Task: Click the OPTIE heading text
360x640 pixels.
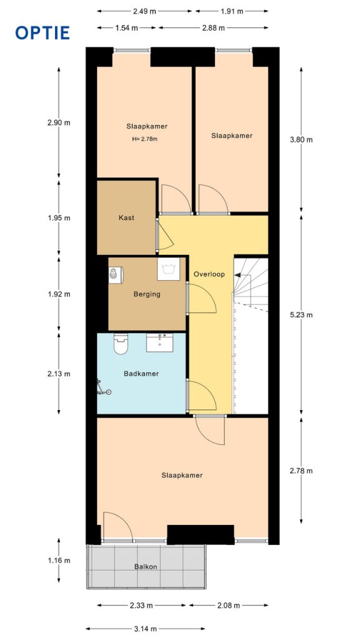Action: [x=42, y=32]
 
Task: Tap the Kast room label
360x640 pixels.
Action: [x=127, y=218]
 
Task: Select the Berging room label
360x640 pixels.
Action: [x=147, y=294]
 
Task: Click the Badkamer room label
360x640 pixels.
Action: [x=141, y=374]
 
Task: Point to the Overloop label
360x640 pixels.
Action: [x=209, y=274]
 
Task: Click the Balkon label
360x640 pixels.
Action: [x=145, y=567]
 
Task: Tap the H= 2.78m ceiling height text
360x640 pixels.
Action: [x=145, y=139]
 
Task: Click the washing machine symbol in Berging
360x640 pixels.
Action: [x=167, y=269]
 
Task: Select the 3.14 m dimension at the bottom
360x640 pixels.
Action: [x=145, y=629]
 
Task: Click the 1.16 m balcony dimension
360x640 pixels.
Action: [x=59, y=561]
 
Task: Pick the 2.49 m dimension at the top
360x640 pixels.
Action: [x=145, y=11]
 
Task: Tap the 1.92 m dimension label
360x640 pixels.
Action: [x=59, y=294]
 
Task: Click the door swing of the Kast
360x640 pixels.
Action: [x=164, y=236]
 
